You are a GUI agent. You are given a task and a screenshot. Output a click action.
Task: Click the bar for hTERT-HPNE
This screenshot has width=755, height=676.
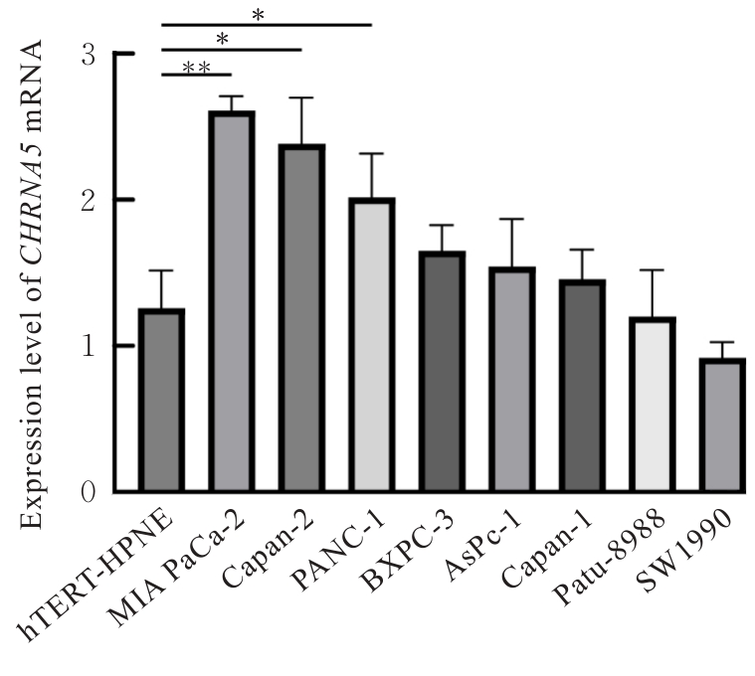(161, 401)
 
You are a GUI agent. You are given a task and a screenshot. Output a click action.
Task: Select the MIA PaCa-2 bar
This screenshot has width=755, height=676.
(231, 302)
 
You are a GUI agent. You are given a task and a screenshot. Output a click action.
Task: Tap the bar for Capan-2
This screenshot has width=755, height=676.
(300, 318)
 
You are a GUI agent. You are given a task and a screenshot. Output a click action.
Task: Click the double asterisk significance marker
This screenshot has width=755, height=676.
(196, 68)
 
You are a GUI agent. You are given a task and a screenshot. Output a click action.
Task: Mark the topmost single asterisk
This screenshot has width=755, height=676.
(259, 15)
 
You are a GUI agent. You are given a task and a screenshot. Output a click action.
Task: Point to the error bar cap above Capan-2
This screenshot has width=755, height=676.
(300, 98)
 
